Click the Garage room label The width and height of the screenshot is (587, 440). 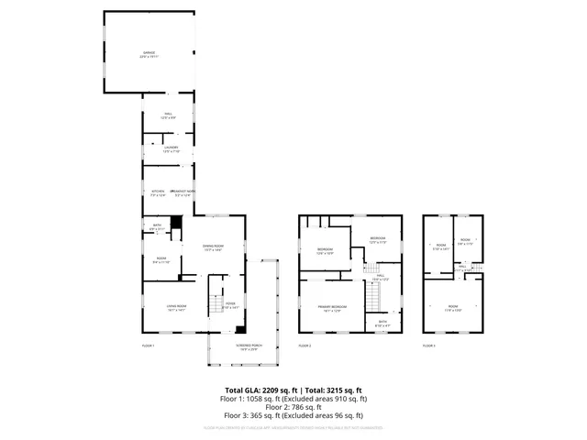tap(148, 54)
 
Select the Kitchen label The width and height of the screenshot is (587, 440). tap(158, 192)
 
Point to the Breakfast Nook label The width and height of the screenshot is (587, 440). tap(182, 192)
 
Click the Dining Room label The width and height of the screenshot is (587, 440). tap(214, 247)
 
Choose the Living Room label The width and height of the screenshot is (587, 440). tap(177, 307)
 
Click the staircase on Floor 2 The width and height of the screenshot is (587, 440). tap(372, 296)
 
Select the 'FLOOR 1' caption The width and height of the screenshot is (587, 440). tap(148, 346)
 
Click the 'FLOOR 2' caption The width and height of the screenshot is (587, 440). tap(305, 346)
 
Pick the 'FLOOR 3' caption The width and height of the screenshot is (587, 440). tap(429, 346)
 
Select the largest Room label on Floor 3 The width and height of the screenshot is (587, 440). tap(452, 308)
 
